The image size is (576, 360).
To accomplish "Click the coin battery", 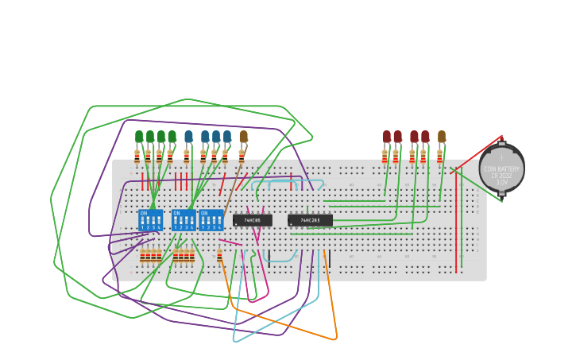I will pos(501,168).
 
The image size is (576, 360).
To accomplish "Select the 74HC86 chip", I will pos(253,220).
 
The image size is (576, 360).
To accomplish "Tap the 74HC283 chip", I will pos(310,220).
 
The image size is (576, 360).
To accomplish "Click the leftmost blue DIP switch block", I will pos(150,220).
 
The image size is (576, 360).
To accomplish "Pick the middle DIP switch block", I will pos(184,220).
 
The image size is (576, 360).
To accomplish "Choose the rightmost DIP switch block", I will pos(211,220).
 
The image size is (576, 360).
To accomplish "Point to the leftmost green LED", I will pos(139,136).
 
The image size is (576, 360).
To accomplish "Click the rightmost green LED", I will pos(172,136).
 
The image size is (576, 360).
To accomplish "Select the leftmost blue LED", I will pos(188,136).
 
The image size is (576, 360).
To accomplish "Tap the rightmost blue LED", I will pos(227,136).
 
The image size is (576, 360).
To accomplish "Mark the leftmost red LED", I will pos(386,136).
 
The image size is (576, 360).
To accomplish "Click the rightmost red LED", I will pos(425,136).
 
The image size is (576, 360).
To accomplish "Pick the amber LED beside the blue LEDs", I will pos(243,136).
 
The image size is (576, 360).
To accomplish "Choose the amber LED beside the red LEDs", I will pos(442,136).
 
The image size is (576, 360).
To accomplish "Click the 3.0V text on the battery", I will pos(502,182).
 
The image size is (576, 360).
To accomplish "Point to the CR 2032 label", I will pos(502,176).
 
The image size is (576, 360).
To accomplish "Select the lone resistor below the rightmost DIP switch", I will pos(219,256).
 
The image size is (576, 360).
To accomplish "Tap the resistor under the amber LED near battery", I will pos(439,157).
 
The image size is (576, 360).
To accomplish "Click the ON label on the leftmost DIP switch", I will pos(144,213).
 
